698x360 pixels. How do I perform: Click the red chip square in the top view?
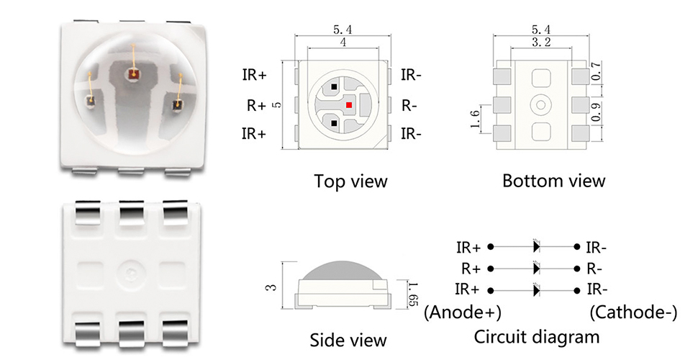[x=349, y=105]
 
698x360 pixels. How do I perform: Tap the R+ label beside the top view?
[x=256, y=106]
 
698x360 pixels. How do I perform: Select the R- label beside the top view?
[x=409, y=106]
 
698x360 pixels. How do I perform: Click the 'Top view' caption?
[x=350, y=181]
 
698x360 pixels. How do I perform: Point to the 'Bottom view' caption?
[x=553, y=181]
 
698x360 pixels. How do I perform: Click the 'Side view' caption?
[x=348, y=340]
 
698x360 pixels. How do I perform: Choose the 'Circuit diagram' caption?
[x=537, y=336]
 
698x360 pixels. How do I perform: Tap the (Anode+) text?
[x=463, y=312]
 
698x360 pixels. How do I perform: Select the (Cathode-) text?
[x=634, y=312]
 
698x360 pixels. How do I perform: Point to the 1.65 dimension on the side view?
[x=412, y=292]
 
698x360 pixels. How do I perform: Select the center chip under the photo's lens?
[x=134, y=73]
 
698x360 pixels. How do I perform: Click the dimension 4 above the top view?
[x=343, y=43]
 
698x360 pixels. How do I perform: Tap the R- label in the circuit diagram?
[x=594, y=269]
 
